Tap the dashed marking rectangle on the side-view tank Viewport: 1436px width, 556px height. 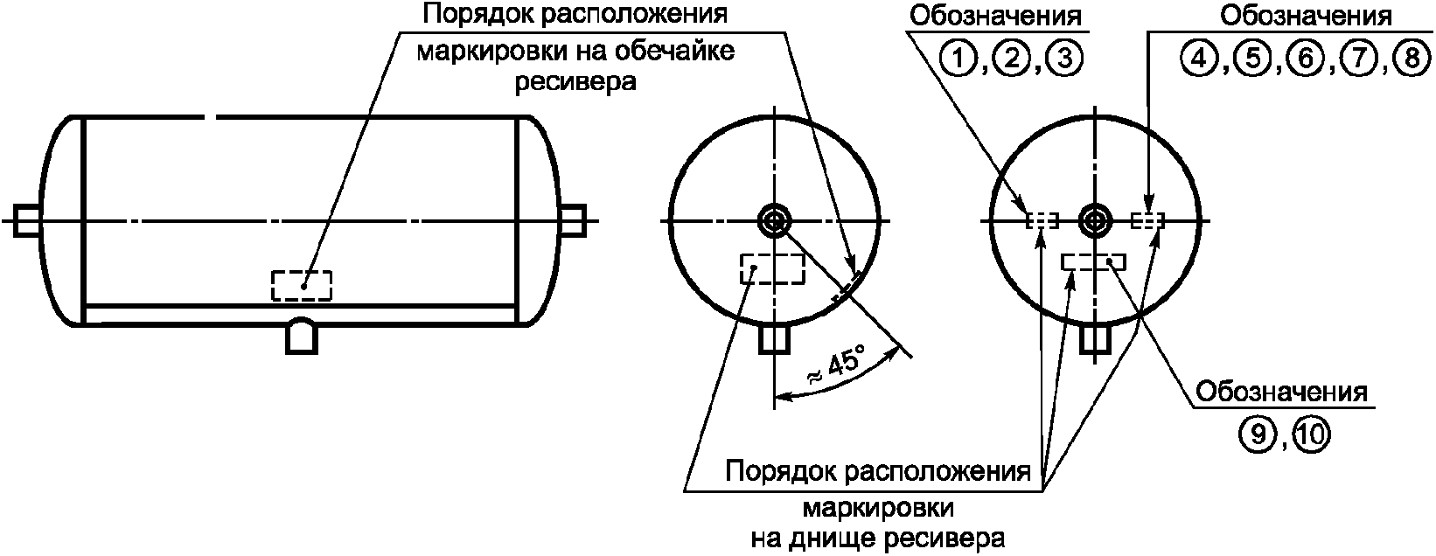click(x=301, y=285)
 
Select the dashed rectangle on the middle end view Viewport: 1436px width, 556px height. click(x=772, y=268)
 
